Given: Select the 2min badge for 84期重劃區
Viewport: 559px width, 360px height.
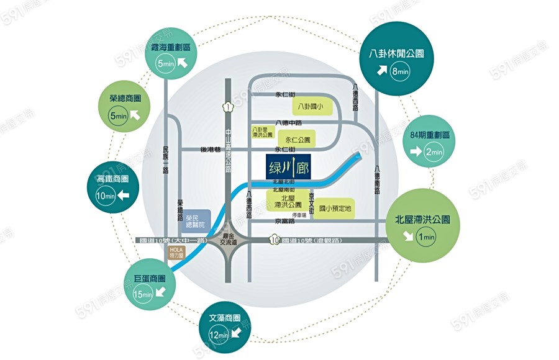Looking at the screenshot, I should click(x=433, y=151).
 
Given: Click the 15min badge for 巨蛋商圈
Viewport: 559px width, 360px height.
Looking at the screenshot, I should click(x=143, y=294).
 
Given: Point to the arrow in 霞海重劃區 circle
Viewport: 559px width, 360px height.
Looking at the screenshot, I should click(x=183, y=62).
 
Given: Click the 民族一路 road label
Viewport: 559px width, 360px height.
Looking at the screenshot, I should click(x=165, y=160).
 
